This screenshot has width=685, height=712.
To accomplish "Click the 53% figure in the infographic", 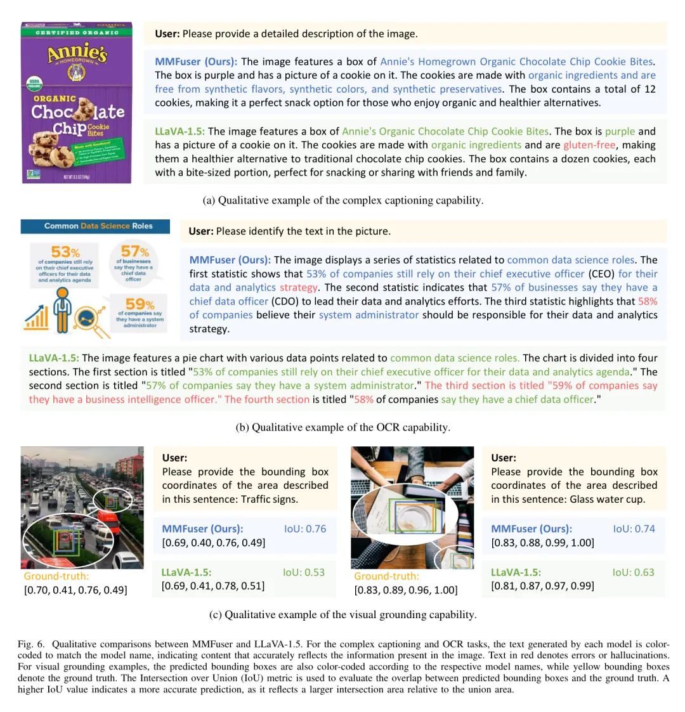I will (65, 252).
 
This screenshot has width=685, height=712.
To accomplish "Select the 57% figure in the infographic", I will (134, 252).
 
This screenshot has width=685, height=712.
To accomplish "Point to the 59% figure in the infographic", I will (140, 304).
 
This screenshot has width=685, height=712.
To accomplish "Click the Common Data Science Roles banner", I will (96, 226).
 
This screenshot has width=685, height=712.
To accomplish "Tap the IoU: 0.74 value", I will (634, 529).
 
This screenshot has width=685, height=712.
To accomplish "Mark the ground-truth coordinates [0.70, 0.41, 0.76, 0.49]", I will (75, 590).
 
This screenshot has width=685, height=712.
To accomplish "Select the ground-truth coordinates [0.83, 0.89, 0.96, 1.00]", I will (405, 590).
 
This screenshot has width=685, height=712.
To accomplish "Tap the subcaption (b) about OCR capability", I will (342, 427).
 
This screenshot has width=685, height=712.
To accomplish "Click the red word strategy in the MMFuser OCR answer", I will (298, 287).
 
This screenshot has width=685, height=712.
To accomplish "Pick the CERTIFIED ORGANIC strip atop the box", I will (77, 32).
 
